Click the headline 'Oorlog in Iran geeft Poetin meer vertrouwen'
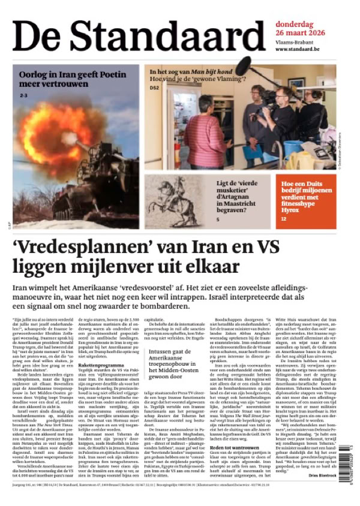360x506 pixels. pos(73,79)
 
